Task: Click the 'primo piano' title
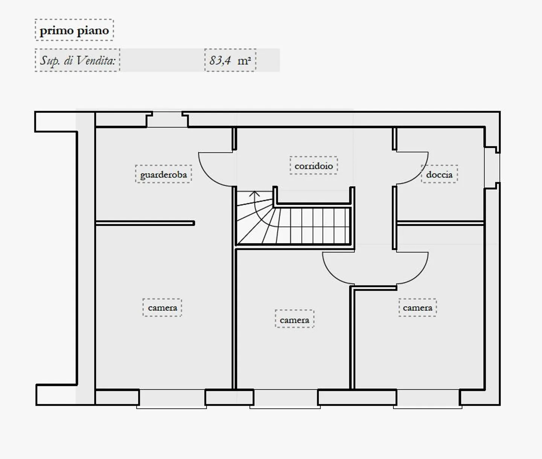74,30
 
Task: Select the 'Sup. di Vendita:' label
78,60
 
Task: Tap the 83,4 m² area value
230,60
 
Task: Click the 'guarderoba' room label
163,174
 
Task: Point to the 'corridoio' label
314,166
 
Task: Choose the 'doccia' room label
439,174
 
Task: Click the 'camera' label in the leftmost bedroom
162,307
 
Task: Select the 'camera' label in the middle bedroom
294,320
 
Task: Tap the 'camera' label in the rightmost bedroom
417,307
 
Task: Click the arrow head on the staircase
255,194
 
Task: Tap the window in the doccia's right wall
492,168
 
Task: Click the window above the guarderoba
167,120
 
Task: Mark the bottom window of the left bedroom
172,399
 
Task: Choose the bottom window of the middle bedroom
285,399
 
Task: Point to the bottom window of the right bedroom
428,399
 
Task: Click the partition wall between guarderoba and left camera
145,223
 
